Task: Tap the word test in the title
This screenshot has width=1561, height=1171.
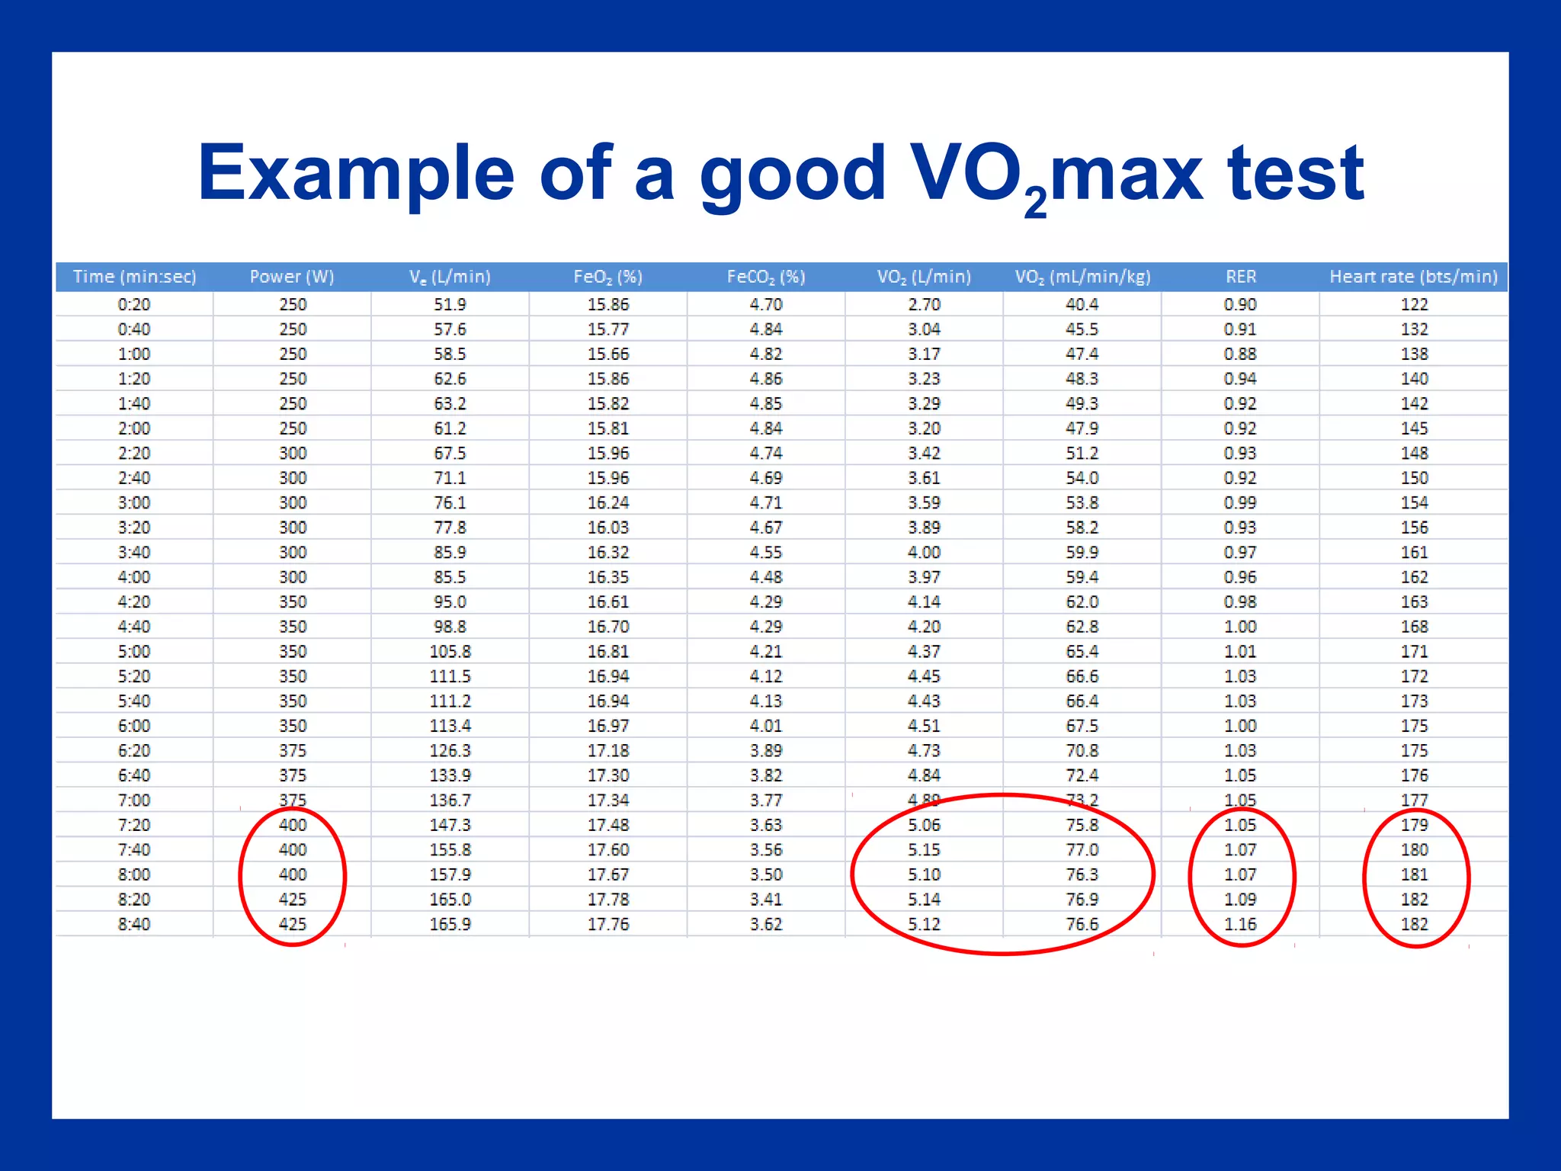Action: point(1295,174)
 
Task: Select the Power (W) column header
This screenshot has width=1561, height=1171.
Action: point(292,277)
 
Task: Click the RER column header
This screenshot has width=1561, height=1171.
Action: point(1240,277)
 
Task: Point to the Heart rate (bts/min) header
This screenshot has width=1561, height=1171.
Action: point(1413,277)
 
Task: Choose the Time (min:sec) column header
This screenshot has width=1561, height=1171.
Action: point(134,277)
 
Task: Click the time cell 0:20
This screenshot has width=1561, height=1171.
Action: point(134,304)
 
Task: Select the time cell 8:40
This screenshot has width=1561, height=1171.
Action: point(134,924)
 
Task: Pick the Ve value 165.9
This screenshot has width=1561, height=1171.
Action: point(450,924)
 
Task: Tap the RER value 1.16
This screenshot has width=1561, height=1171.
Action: point(1240,924)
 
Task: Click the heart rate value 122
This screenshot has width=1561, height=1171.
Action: point(1414,304)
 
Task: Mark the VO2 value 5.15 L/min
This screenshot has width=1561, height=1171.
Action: point(924,849)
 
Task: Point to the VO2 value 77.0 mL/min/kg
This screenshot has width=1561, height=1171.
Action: point(1082,849)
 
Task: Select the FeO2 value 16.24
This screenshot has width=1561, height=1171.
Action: point(607,502)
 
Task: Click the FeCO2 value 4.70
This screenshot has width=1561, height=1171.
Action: point(765,304)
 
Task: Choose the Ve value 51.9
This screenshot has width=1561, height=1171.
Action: point(450,304)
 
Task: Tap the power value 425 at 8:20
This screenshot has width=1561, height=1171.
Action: point(292,899)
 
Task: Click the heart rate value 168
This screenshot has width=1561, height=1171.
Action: point(1414,627)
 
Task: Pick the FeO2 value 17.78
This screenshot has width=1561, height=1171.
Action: point(607,899)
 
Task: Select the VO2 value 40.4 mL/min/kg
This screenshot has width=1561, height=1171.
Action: point(1082,304)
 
